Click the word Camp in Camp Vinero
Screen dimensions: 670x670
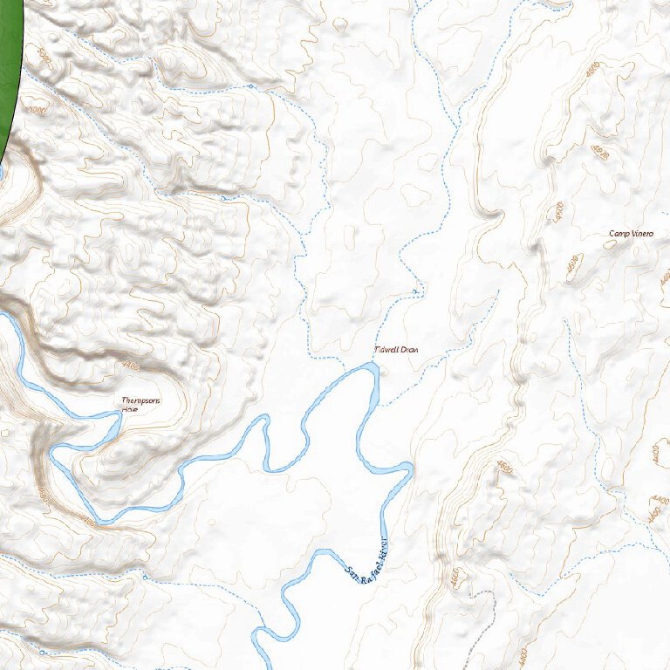click(619, 234)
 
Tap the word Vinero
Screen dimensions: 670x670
click(641, 234)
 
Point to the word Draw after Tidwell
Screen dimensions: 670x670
click(410, 350)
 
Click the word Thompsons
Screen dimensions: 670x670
click(141, 401)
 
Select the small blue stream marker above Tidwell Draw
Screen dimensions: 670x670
click(414, 291)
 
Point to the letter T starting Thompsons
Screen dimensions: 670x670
click(123, 401)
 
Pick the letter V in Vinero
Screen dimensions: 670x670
click(632, 234)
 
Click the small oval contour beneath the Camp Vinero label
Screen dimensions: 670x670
click(608, 245)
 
